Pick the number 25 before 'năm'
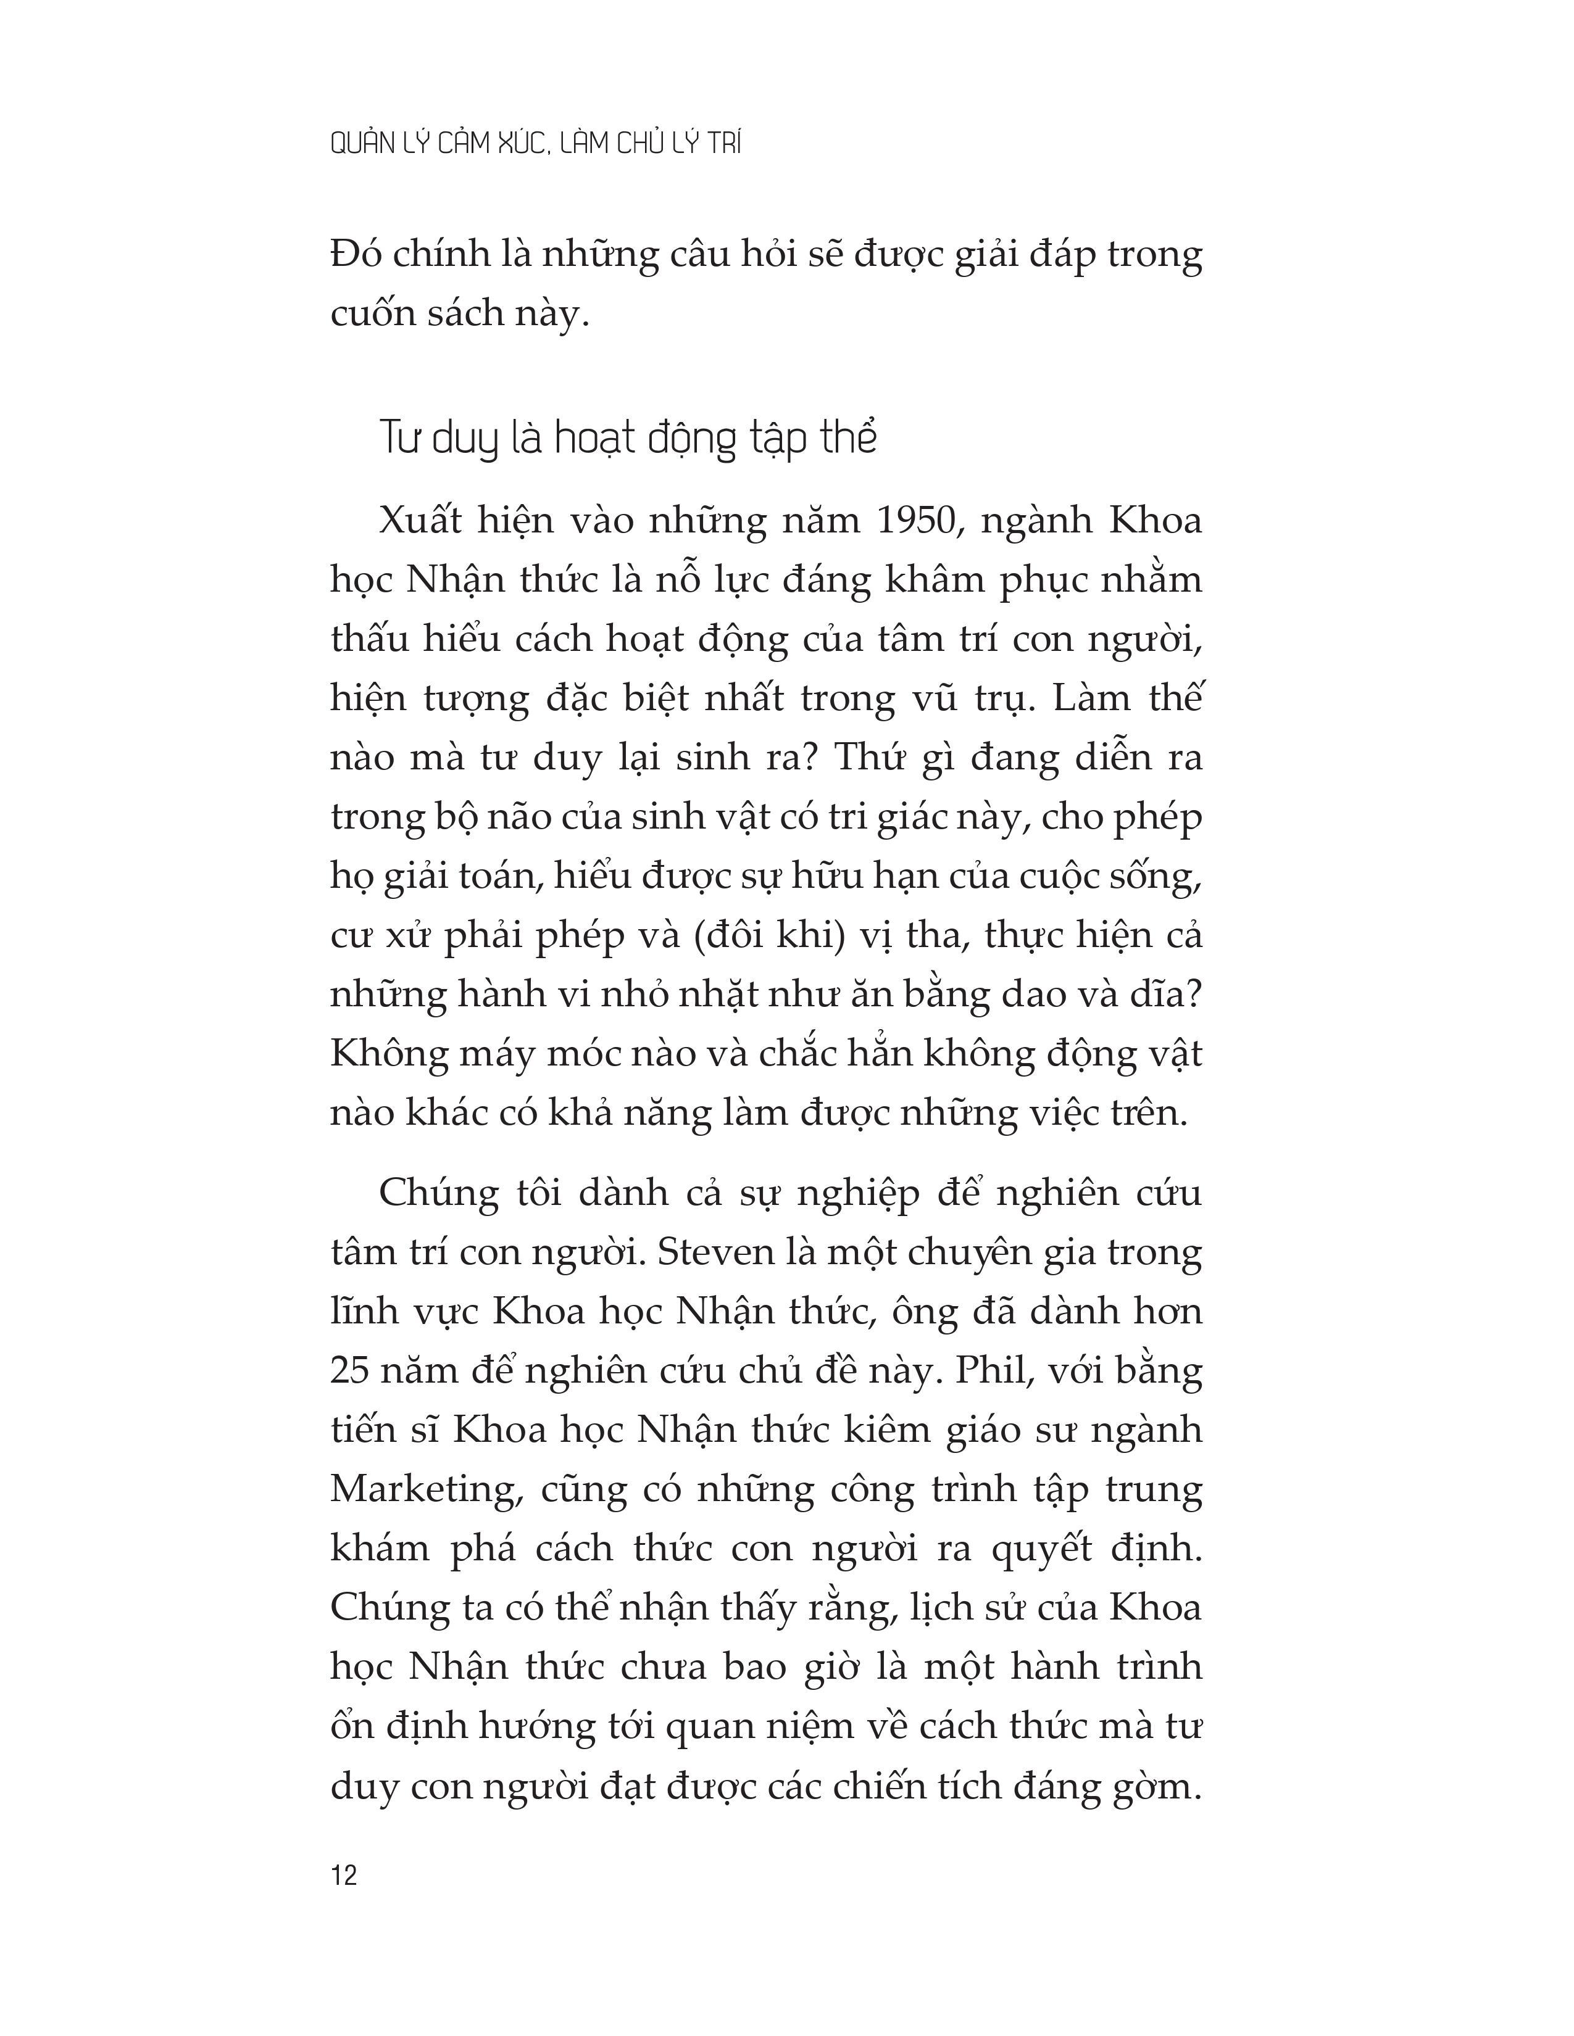tap(352, 1372)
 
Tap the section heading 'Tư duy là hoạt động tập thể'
tap(628, 437)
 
